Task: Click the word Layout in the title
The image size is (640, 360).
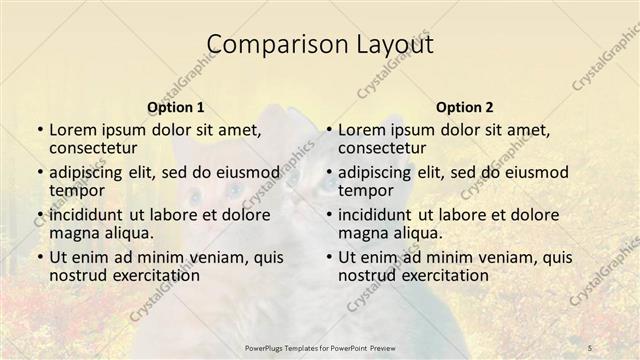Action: click(x=389, y=45)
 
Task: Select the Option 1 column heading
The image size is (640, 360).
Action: click(x=175, y=107)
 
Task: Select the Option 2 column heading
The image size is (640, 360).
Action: click(x=464, y=107)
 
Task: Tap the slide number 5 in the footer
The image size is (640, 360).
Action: click(x=591, y=346)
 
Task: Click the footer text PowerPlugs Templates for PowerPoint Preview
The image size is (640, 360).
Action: click(x=319, y=346)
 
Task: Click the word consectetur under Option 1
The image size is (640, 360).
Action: click(x=96, y=148)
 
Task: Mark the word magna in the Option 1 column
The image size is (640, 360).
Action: click(x=73, y=232)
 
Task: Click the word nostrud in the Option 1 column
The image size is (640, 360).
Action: click(x=79, y=275)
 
